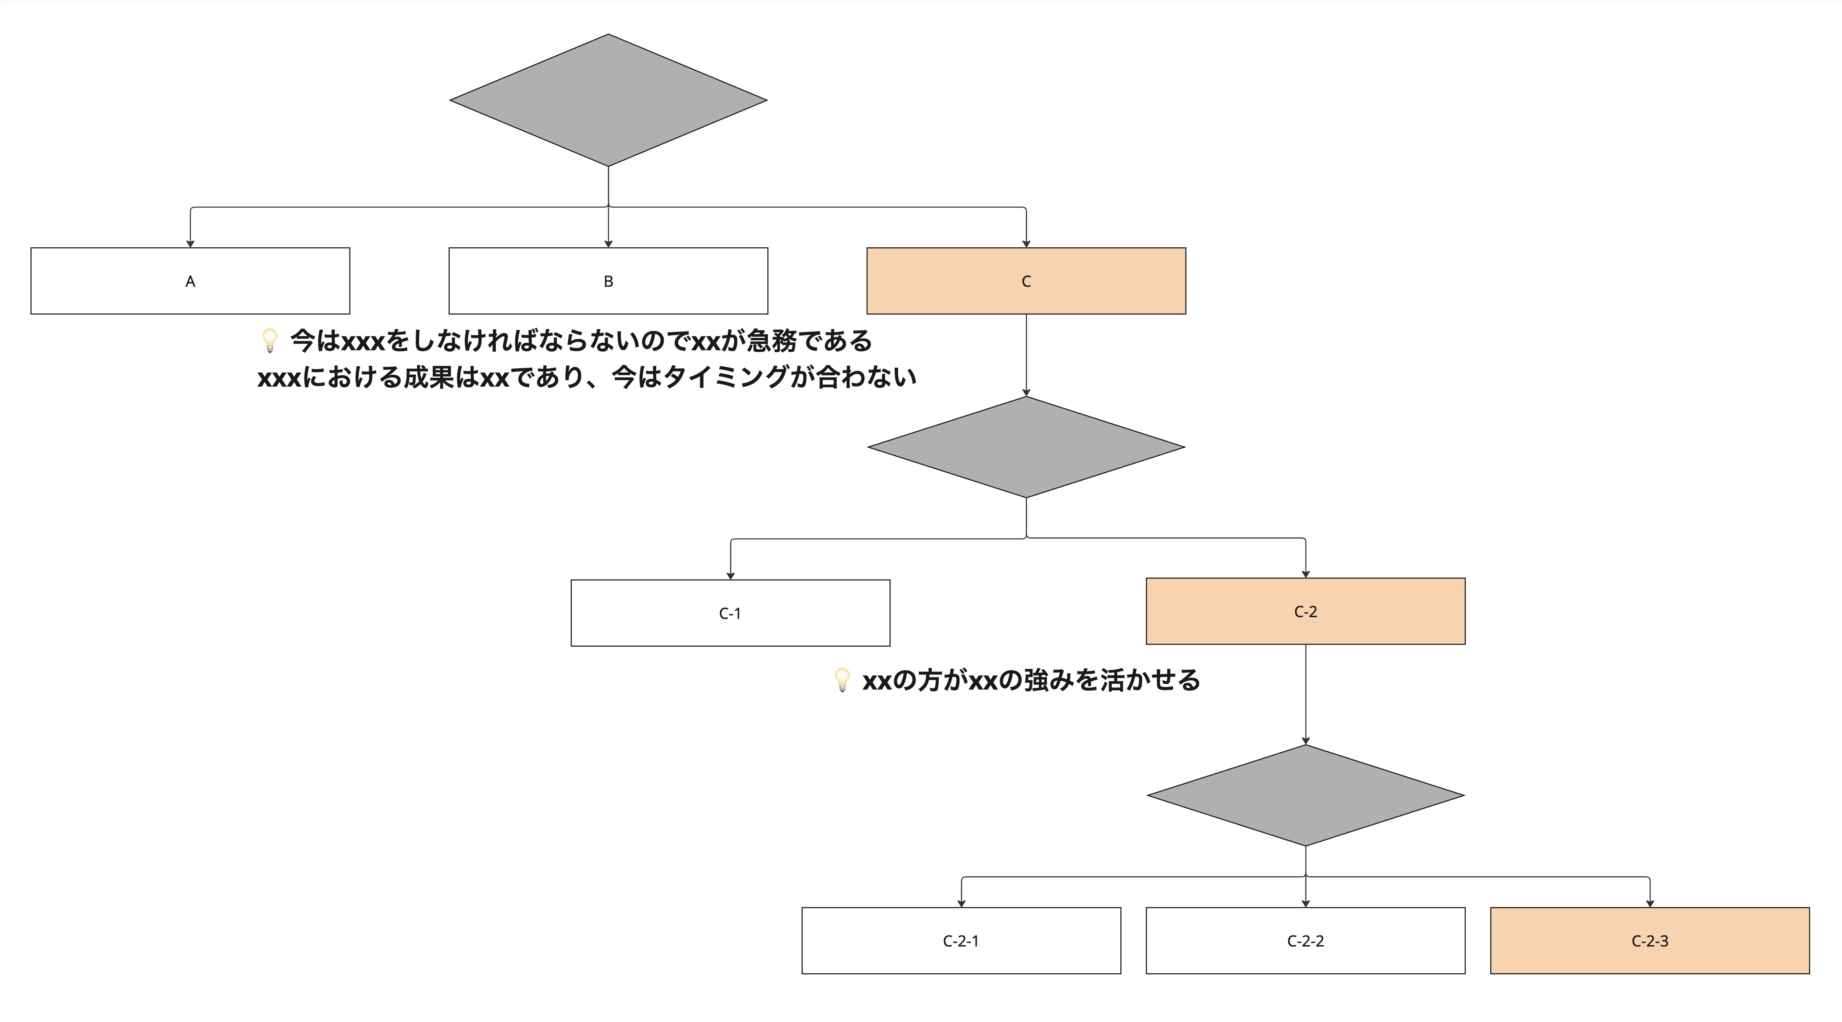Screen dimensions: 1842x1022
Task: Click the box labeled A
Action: [x=190, y=281]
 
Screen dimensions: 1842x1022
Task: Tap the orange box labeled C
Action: [x=1026, y=281]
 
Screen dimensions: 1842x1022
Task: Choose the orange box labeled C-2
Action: [x=1306, y=611]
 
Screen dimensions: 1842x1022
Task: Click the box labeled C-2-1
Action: [x=961, y=940]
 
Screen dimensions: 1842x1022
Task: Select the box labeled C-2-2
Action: [x=1306, y=940]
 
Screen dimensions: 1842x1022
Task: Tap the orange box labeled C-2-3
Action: [x=1650, y=940]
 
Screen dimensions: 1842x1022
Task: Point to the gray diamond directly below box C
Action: [x=1026, y=447]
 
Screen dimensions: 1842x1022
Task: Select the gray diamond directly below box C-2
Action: [x=1306, y=795]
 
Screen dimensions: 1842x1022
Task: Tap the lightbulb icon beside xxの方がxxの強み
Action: [x=842, y=680]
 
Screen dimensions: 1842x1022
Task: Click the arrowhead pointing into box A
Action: [x=190, y=244]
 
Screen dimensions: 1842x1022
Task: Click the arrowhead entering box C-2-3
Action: [x=1650, y=903]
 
